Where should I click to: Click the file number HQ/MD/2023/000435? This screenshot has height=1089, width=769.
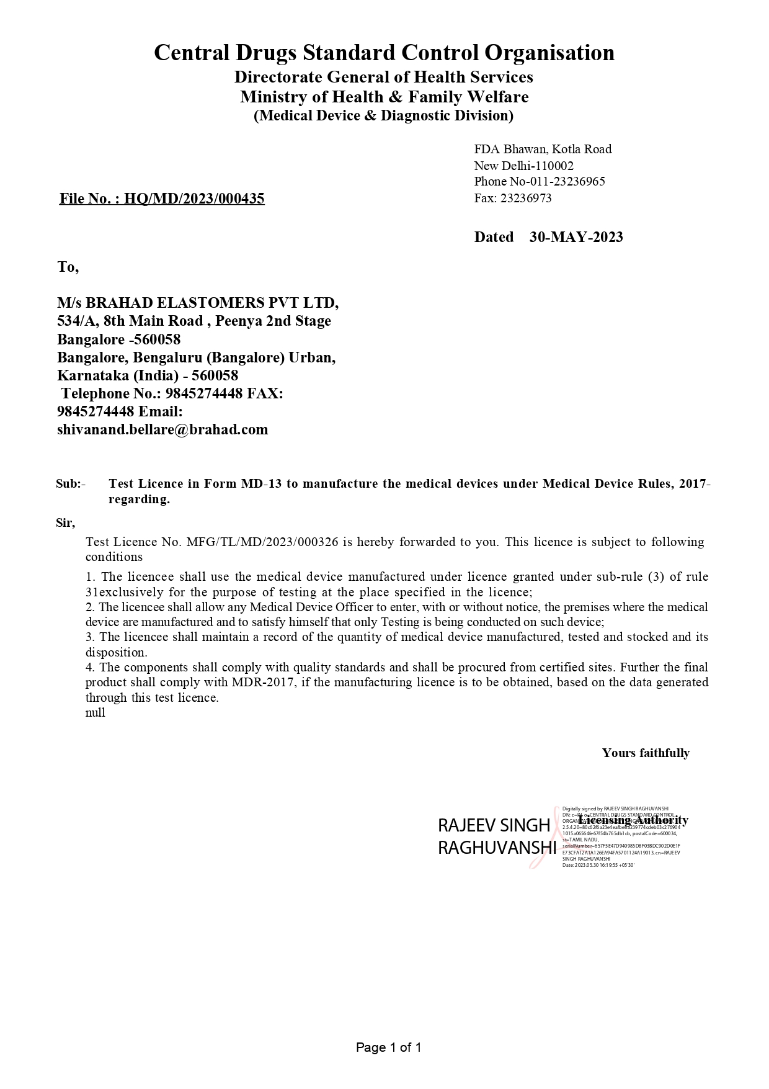click(194, 199)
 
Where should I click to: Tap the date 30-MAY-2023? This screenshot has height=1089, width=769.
click(576, 237)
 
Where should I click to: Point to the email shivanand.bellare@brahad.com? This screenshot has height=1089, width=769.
click(162, 429)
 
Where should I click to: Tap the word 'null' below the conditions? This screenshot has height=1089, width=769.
click(96, 712)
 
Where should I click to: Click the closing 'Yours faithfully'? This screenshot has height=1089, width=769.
click(645, 753)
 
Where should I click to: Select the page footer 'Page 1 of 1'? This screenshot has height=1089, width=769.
click(388, 1048)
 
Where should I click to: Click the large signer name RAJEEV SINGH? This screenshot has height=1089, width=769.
click(494, 825)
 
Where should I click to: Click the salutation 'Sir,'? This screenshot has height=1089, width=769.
click(65, 522)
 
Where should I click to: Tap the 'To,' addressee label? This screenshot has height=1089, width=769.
click(68, 267)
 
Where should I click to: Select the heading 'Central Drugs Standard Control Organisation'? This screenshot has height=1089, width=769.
click(384, 53)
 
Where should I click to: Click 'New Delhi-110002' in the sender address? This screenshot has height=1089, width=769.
click(523, 166)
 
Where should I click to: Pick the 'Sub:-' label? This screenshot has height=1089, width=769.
click(71, 484)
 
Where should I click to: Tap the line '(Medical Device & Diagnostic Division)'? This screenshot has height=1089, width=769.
click(383, 115)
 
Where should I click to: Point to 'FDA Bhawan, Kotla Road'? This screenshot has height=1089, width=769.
click(543, 149)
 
